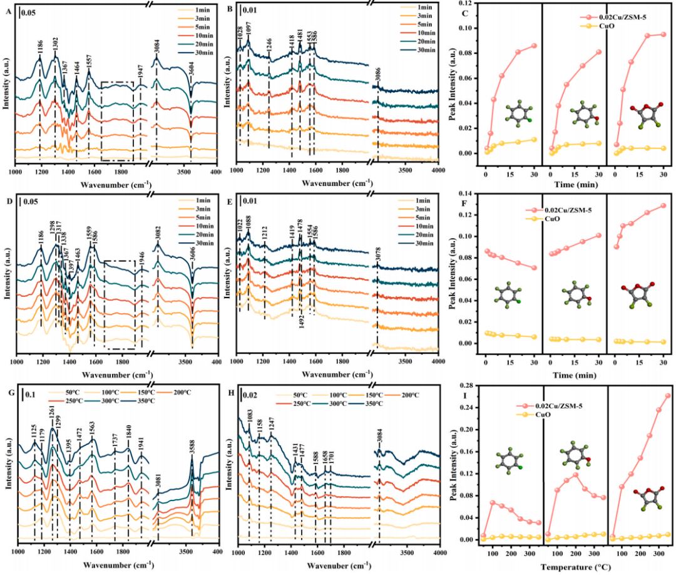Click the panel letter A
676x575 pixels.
click(x=9, y=9)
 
